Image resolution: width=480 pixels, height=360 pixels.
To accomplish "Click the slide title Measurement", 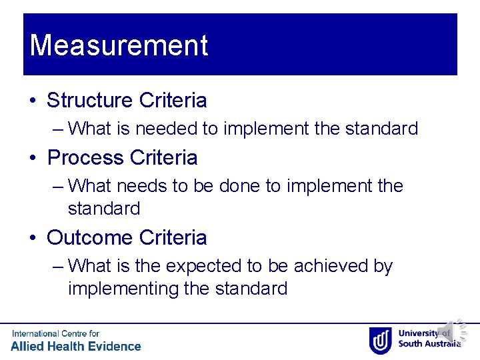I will pyautogui.click(x=119, y=45).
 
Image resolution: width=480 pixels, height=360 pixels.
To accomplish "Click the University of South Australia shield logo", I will pyautogui.click(x=380, y=340).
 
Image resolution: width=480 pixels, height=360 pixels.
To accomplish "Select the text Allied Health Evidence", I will pyautogui.click(x=76, y=346).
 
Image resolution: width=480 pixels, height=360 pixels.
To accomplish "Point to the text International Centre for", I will pyautogui.click(x=55, y=333).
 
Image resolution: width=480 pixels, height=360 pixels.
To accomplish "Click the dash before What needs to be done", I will pyautogui.click(x=58, y=186).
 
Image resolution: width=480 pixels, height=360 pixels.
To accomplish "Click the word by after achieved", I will pyautogui.click(x=383, y=266).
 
